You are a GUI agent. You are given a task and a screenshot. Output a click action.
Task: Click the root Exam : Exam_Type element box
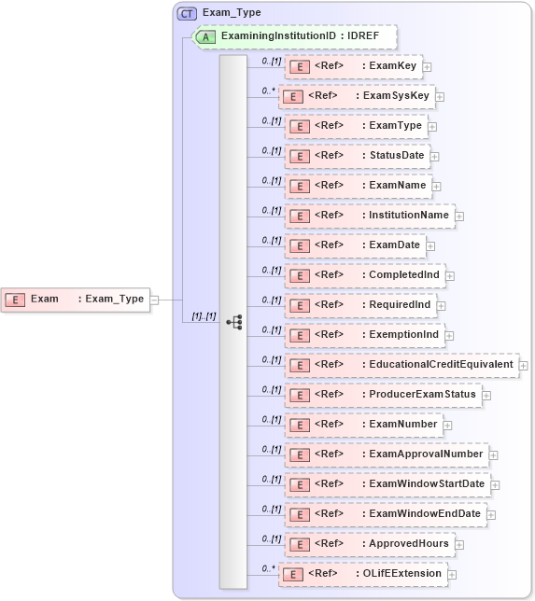click(x=76, y=300)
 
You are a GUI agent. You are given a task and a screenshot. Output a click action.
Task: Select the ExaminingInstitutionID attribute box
click(x=295, y=36)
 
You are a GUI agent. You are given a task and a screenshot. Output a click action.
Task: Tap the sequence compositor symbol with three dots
click(x=233, y=322)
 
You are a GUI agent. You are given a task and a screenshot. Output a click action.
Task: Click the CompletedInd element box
click(x=364, y=275)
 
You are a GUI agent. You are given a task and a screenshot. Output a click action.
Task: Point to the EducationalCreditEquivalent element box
click(x=401, y=365)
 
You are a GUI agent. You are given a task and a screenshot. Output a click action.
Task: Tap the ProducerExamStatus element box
click(x=382, y=395)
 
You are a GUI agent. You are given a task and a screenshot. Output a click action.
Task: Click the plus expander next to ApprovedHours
click(x=459, y=544)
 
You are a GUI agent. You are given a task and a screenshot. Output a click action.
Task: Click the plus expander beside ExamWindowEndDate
click(x=491, y=514)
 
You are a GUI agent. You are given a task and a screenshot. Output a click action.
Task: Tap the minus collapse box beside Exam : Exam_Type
click(x=155, y=300)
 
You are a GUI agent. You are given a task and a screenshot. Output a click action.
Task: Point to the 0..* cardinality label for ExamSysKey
click(x=268, y=91)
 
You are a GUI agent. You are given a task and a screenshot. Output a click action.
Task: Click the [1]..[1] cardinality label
click(x=204, y=316)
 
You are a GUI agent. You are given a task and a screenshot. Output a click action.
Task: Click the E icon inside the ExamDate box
click(x=299, y=246)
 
